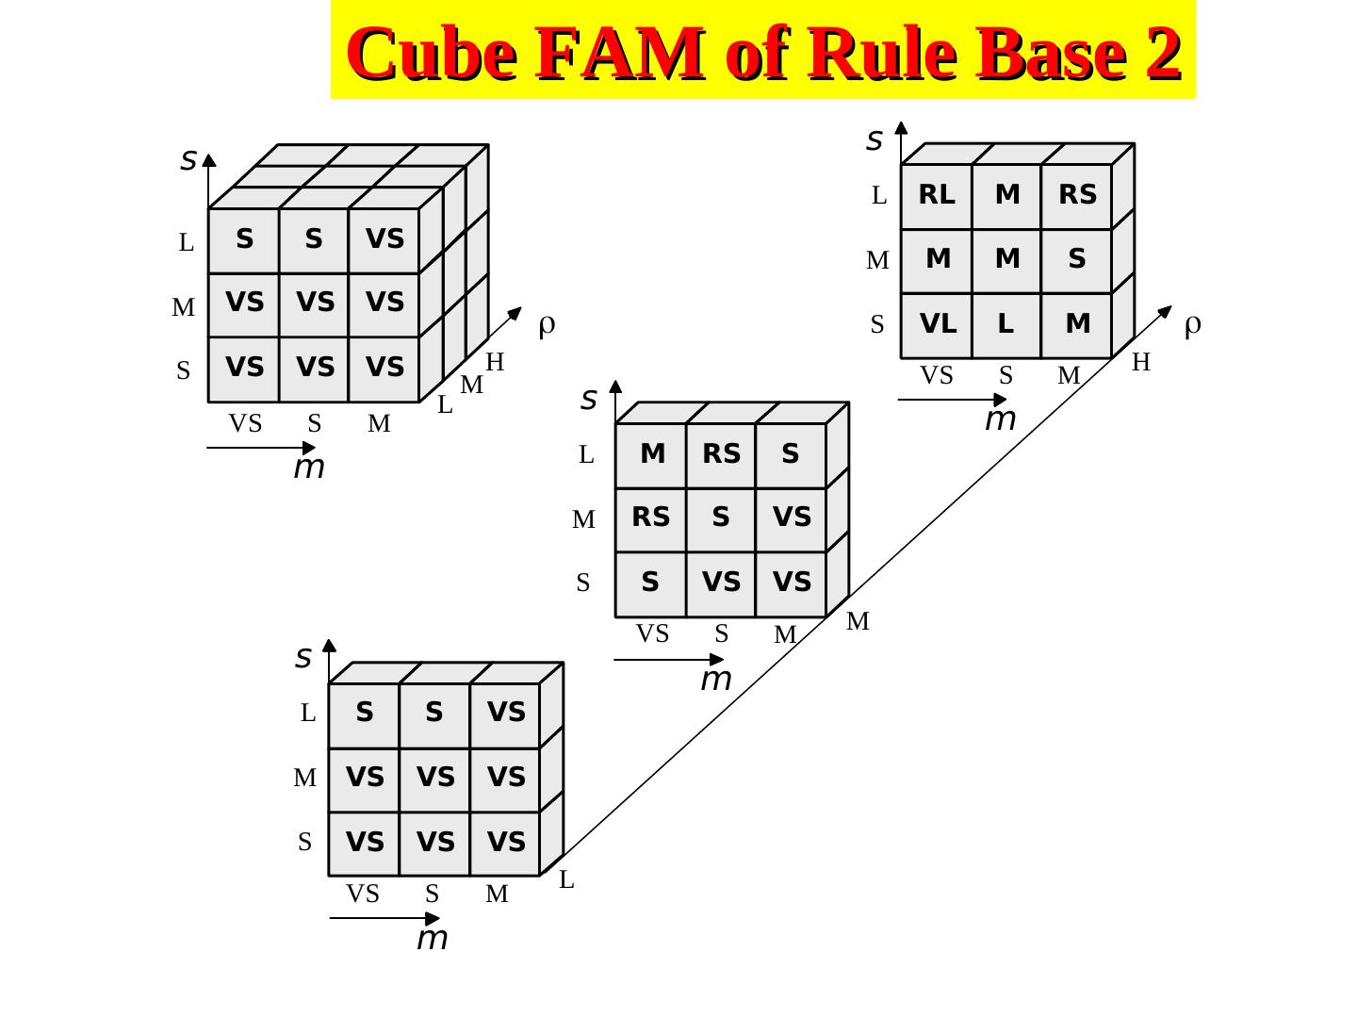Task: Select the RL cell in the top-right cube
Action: click(937, 195)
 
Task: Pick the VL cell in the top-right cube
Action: click(938, 324)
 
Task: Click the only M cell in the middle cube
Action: click(652, 454)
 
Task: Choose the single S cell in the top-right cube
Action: click(1077, 259)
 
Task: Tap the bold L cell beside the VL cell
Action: click(1006, 324)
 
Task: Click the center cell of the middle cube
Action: click(721, 517)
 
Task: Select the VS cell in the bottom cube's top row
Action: click(506, 713)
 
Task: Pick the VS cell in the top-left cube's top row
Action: click(384, 239)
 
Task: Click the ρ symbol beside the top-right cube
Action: click(1192, 325)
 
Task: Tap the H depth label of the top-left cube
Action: click(496, 362)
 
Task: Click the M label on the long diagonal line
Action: click(858, 621)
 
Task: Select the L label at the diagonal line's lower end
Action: click(566, 880)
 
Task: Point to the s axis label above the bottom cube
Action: click(303, 657)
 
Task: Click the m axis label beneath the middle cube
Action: click(716, 679)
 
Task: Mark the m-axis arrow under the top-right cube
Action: click(952, 401)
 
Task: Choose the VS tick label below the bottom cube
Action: click(363, 894)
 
